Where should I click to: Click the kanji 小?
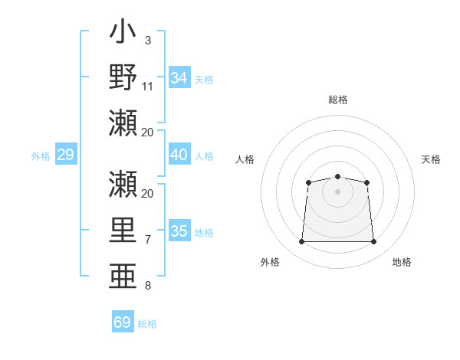coord(123,31)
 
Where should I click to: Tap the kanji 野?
coord(123,77)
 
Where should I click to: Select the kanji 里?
coord(123,230)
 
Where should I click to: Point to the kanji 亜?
coord(123,276)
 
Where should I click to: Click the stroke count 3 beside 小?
coord(148,41)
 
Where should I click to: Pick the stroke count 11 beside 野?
coord(147,87)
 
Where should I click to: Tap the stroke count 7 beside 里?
coord(148,240)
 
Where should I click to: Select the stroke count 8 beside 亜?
coord(148,286)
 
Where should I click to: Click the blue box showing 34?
coord(179,77)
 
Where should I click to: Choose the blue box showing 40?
coord(179,154)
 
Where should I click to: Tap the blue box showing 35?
coord(179,230)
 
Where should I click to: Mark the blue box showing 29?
coord(66,154)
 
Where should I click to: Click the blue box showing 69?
coord(123,321)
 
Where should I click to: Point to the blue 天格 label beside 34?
coord(204,80)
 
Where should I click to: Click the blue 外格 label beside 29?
coord(41,156)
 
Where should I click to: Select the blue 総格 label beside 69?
coord(147,324)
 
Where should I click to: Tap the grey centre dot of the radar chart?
coord(337,191)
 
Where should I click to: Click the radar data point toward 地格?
coord(373,241)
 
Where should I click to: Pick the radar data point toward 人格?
coord(308,182)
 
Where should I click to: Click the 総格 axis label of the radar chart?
coord(338,100)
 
